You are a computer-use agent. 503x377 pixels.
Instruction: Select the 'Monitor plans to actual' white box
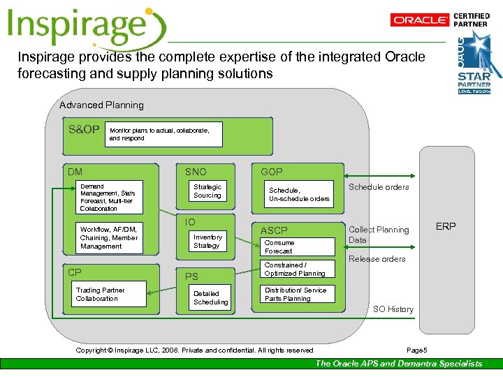[165, 134]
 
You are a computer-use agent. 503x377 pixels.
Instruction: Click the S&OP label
[84, 130]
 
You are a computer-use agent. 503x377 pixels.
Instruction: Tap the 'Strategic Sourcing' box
[207, 191]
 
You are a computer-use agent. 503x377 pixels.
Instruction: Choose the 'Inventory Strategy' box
[207, 241]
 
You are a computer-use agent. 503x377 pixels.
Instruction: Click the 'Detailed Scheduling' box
[210, 297]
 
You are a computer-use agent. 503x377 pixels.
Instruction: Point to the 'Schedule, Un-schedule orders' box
[299, 194]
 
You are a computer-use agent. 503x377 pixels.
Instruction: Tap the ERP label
[446, 227]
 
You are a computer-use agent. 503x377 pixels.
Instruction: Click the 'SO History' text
[393, 309]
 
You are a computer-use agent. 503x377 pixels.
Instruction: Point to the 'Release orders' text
[377, 259]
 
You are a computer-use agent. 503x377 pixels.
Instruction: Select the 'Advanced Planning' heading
[101, 105]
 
